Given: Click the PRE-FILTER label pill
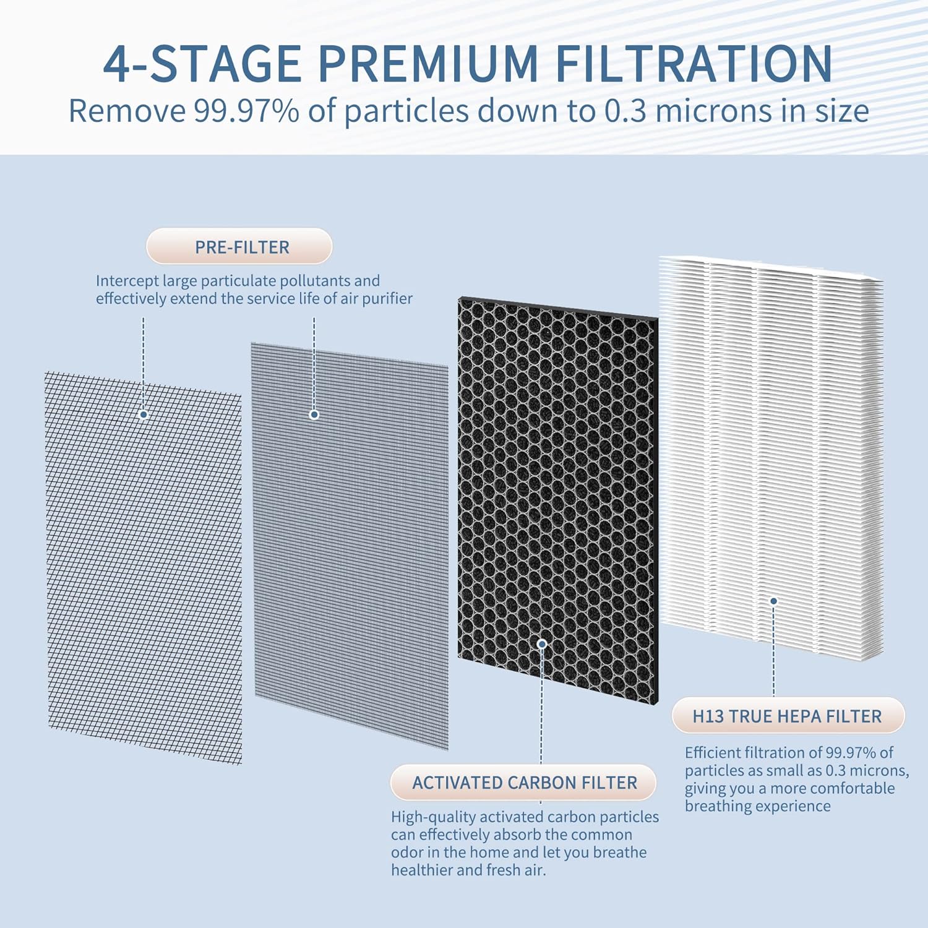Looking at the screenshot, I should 239,247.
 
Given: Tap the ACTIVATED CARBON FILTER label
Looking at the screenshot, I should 523,783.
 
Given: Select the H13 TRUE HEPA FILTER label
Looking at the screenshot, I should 787,716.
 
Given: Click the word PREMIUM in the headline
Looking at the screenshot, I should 428,64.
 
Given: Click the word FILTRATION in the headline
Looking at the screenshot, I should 694,64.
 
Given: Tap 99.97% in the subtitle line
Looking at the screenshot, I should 246,111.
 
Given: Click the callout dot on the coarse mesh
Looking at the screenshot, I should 144,415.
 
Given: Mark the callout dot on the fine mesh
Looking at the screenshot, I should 314,415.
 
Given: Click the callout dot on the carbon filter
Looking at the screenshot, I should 542,644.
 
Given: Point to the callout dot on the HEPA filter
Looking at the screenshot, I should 773,601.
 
